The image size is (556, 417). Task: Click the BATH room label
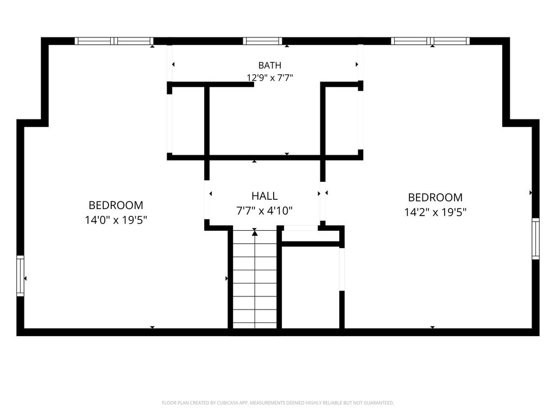point(269,65)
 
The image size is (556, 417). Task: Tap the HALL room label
point(264,196)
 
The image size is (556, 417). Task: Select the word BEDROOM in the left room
point(116,205)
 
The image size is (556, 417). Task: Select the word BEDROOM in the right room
point(435,198)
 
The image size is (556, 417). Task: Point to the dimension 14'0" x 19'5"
point(116,220)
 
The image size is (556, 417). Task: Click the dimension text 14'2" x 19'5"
point(435,212)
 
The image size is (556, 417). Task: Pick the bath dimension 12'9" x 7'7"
point(270,78)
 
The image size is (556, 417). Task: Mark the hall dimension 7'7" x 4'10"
point(264,211)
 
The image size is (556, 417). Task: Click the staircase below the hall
point(255,279)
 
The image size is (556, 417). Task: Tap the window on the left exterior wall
point(20,276)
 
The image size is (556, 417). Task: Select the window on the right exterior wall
point(535,239)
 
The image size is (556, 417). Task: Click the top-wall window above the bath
point(262,41)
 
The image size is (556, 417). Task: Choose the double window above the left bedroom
point(114,41)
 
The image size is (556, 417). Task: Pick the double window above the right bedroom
point(430,41)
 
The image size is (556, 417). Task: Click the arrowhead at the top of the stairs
point(255,233)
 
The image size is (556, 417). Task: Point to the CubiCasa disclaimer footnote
point(277,403)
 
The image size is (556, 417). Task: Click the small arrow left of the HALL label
point(211,194)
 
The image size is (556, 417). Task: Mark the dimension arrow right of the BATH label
point(357,64)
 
